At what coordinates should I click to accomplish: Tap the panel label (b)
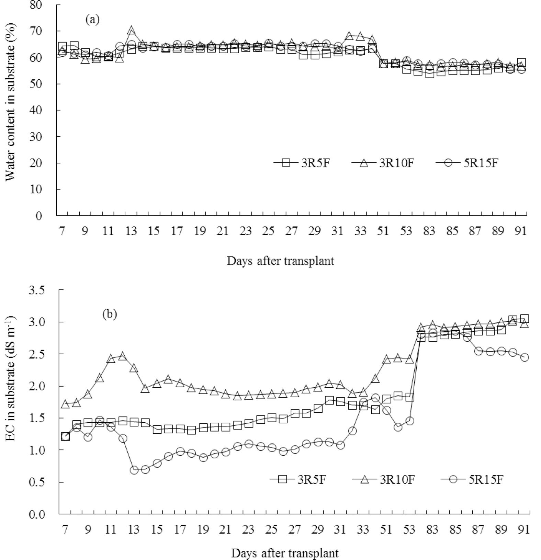coord(110,314)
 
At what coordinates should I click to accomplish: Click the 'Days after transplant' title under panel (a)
coord(280,261)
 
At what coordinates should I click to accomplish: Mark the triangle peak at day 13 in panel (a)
coord(131,30)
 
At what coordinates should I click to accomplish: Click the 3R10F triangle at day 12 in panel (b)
coord(122,356)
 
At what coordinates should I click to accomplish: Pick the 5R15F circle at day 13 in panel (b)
coord(134,470)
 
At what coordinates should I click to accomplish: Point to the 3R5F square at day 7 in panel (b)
coord(65,436)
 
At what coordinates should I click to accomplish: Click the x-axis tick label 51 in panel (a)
coord(383,231)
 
